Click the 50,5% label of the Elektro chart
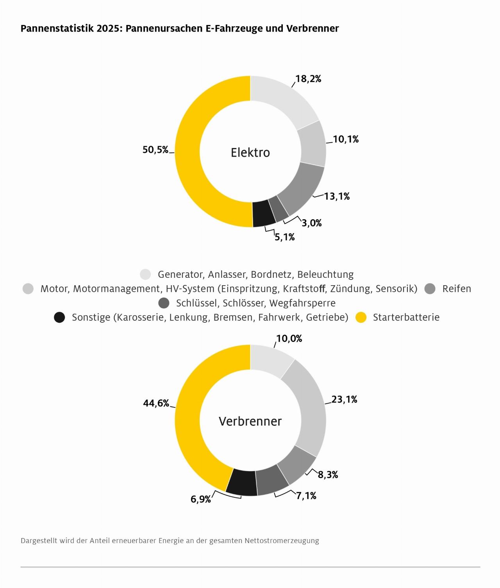[155, 150]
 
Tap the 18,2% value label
[308, 79]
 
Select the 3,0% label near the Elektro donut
[311, 223]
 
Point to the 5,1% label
[284, 237]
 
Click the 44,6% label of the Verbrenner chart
[156, 403]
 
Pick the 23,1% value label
[344, 399]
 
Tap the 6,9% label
[201, 499]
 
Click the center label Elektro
[250, 152]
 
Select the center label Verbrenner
[250, 421]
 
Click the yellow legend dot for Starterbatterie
[361, 317]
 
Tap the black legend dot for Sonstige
[59, 317]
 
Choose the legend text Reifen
[456, 289]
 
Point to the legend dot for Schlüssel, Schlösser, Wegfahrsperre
[164, 303]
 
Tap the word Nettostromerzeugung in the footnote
[282, 541]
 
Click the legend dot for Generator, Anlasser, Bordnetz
[145, 274]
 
